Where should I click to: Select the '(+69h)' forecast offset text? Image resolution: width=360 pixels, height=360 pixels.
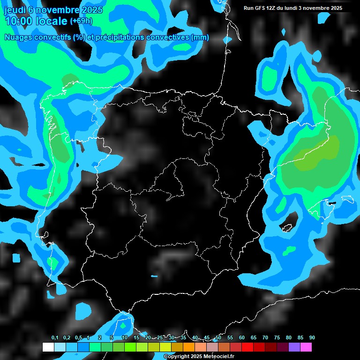click(x=81, y=21)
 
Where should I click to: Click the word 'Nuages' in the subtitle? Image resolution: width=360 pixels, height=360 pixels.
click(x=19, y=37)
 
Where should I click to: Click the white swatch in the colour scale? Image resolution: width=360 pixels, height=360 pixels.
click(x=48, y=347)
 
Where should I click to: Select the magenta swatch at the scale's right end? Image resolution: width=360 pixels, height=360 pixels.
click(x=306, y=347)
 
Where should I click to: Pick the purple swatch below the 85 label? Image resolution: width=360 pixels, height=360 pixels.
click(x=294, y=347)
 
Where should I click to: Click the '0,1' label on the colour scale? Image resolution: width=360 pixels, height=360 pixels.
click(x=55, y=338)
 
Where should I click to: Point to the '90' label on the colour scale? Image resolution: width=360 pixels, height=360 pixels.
click(x=312, y=338)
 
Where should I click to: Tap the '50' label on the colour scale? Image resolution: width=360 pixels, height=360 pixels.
click(x=218, y=338)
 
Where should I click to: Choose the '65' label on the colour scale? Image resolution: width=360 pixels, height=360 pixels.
click(x=254, y=338)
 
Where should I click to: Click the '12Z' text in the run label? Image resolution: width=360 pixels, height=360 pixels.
click(x=272, y=8)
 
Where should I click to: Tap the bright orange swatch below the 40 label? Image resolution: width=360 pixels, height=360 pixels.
click(x=189, y=347)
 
